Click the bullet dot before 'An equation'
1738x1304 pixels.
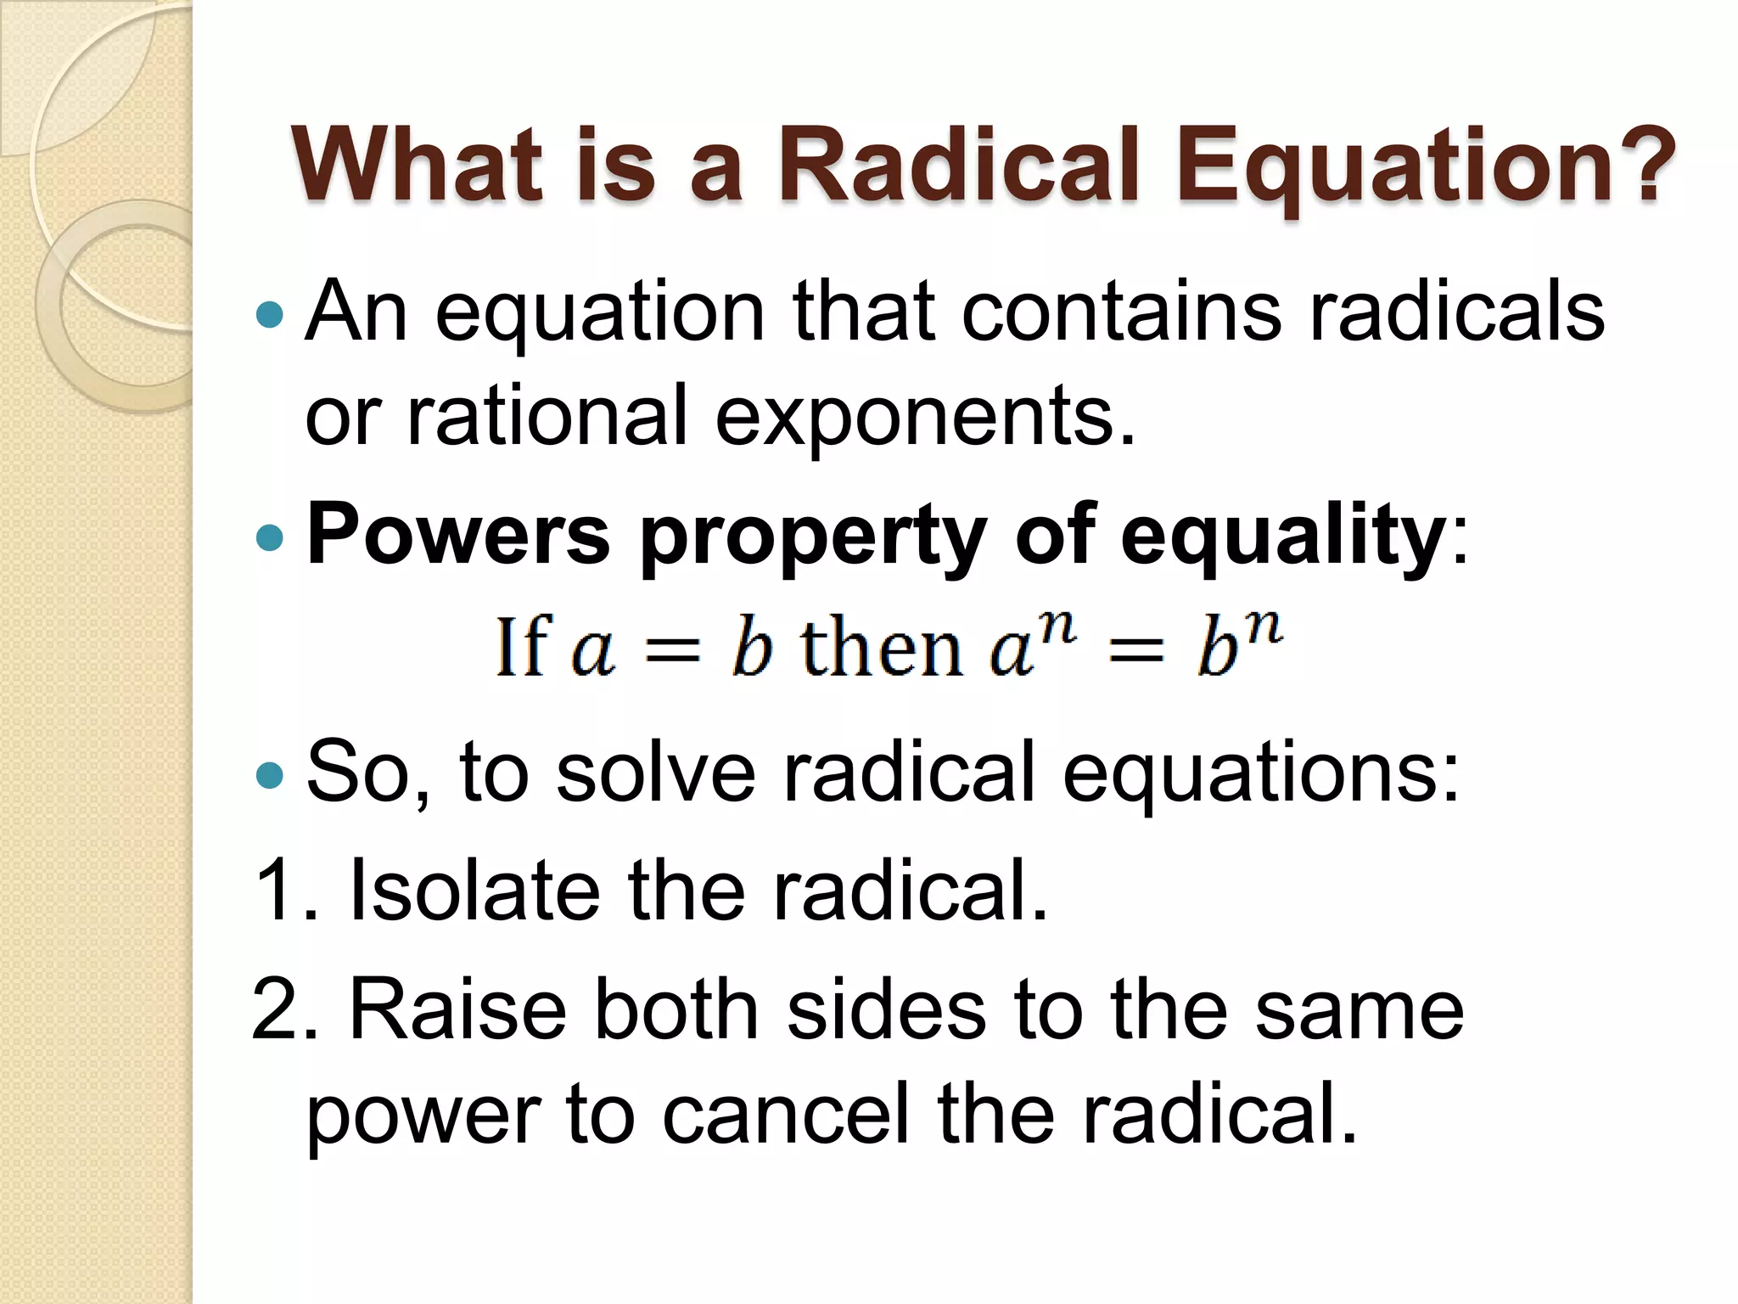point(269,315)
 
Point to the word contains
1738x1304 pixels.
point(1120,312)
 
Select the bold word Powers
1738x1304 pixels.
point(458,535)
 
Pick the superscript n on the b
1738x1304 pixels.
point(1264,627)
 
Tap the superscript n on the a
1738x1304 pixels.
point(1057,627)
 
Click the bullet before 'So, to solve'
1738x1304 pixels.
point(269,774)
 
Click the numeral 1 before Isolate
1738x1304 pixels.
point(276,890)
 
